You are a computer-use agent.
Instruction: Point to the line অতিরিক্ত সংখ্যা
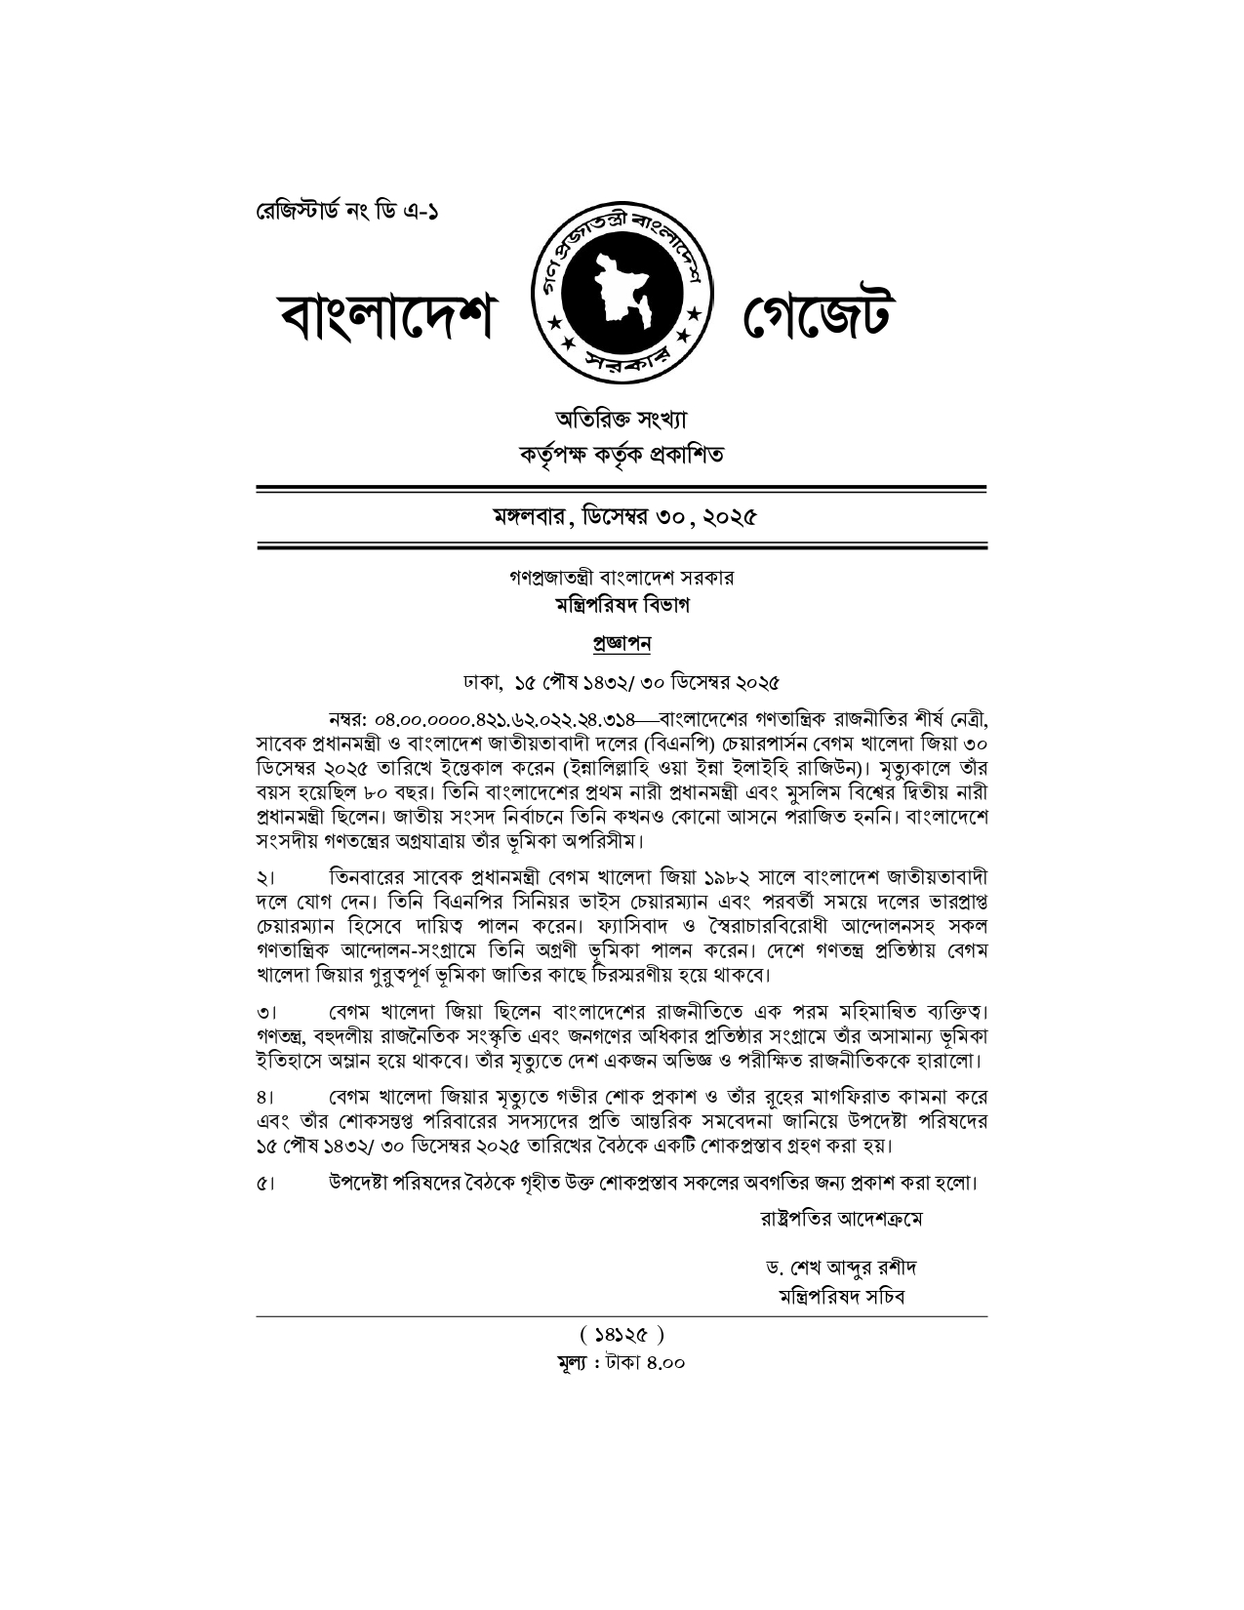tap(622, 420)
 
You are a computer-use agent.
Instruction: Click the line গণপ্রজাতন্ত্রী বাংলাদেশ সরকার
tap(622, 578)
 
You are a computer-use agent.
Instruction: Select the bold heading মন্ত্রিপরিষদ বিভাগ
tap(622, 605)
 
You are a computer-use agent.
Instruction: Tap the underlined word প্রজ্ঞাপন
tap(622, 643)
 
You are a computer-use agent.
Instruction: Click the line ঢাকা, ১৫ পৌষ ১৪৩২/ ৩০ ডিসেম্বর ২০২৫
tap(622, 680)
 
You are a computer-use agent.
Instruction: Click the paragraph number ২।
tap(265, 876)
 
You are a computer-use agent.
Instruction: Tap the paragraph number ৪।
tap(265, 1097)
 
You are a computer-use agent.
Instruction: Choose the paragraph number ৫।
tap(265, 1185)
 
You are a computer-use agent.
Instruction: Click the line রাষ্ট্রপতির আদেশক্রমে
tap(840, 1219)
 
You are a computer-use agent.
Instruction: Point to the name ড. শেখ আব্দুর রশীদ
tap(840, 1268)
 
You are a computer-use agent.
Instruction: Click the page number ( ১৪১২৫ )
tap(622, 1334)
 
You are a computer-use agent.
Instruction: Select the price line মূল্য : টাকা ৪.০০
tap(622, 1361)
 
